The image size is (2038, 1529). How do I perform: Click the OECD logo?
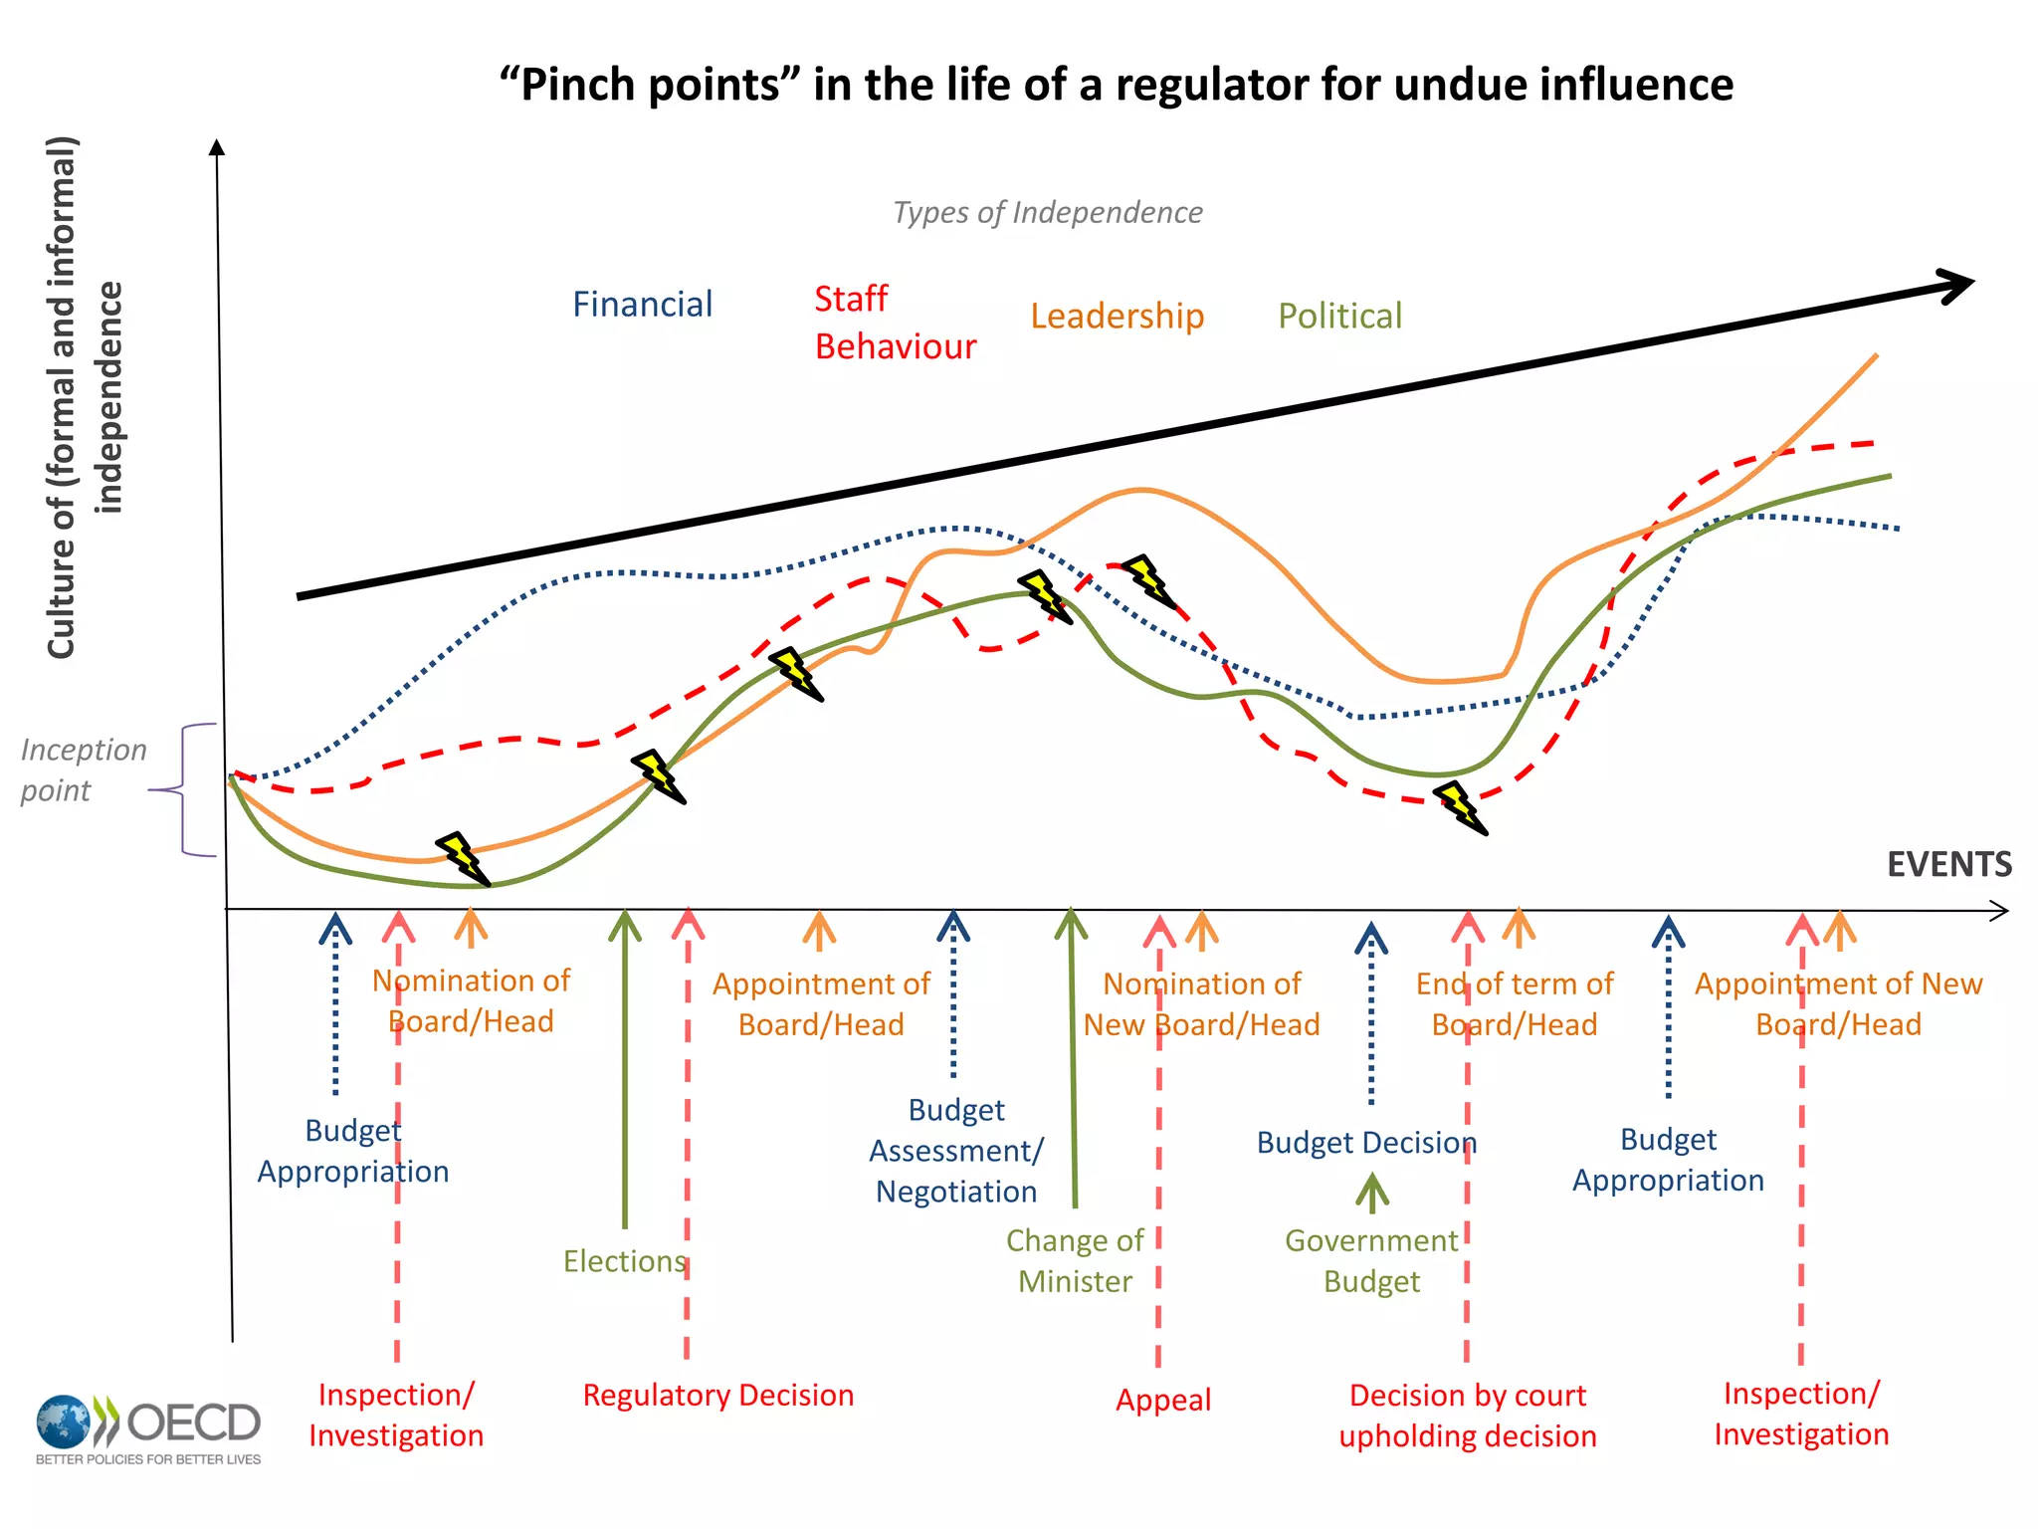[x=149, y=1429]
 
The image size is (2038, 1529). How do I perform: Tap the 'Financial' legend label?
[x=642, y=305]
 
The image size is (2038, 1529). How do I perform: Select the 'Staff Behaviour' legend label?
[x=895, y=323]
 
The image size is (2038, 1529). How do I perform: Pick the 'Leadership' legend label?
[x=1117, y=317]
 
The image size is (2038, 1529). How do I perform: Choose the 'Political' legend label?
[x=1339, y=317]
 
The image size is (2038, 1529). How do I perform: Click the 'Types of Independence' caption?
[x=1047, y=212]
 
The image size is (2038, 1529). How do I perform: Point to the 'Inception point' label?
[x=83, y=769]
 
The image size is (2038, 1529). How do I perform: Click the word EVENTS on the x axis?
[x=1948, y=864]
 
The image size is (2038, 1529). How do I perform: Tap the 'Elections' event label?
[x=625, y=1261]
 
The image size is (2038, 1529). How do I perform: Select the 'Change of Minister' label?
[x=1075, y=1261]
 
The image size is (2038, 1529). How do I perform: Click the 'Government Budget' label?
[x=1371, y=1261]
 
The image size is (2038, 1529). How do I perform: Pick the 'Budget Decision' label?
[x=1366, y=1143]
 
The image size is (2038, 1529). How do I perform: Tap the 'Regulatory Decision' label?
[x=718, y=1396]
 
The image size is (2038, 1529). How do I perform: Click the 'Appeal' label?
[x=1163, y=1401]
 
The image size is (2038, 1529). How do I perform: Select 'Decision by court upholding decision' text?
[x=1468, y=1416]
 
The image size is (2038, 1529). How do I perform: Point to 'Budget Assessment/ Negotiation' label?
[x=956, y=1151]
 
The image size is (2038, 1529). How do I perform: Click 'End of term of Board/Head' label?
[x=1515, y=1004]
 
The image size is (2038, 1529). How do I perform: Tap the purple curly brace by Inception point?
[x=189, y=790]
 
